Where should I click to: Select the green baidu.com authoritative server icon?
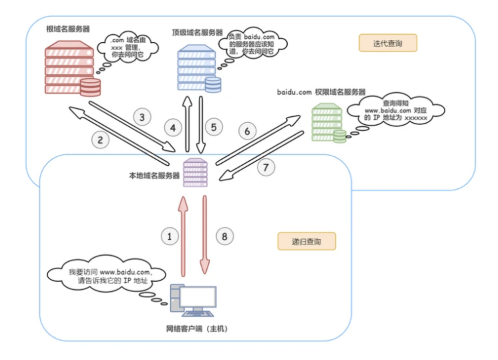tap(327, 123)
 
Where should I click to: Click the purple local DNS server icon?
tap(195, 173)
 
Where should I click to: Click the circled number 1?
tap(170, 236)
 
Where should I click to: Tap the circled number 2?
tap(100, 140)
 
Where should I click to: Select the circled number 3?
tap(142, 117)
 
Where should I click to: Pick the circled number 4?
tap(173, 128)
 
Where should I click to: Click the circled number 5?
tap(214, 127)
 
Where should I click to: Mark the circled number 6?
tap(247, 131)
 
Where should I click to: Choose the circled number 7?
tap(266, 167)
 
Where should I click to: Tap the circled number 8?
tap(224, 236)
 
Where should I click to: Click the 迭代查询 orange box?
tap(388, 43)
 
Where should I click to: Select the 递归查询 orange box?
tap(306, 241)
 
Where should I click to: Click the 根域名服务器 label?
tap(68, 29)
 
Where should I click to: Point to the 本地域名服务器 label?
tap(154, 176)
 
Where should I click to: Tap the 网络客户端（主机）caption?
tap(197, 329)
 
